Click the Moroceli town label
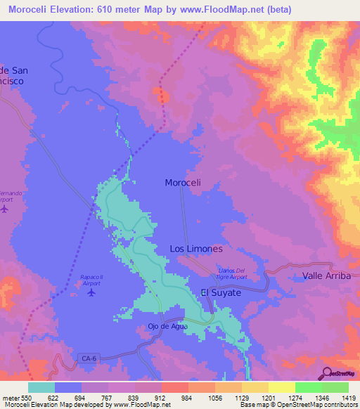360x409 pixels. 183,183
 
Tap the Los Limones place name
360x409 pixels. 196,249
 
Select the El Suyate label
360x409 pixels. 221,292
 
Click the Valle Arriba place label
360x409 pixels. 326,276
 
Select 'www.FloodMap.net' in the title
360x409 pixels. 221,9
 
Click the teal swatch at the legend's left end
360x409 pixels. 41,387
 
